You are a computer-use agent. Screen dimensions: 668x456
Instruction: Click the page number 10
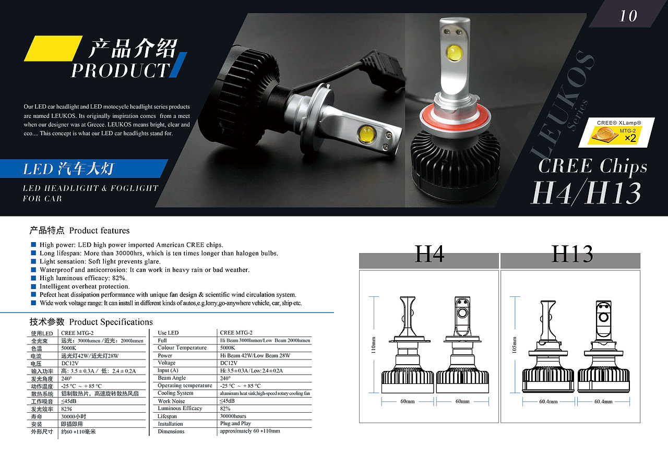(628, 16)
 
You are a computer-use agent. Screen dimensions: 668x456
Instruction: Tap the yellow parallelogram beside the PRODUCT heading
(53, 49)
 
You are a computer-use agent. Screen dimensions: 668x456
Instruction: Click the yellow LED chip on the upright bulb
(454, 53)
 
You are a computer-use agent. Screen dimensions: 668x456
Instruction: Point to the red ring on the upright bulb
(455, 119)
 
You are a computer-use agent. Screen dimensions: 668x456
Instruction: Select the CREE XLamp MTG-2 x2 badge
(616, 133)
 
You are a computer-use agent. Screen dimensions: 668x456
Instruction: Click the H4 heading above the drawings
(429, 254)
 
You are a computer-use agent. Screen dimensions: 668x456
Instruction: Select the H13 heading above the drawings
(572, 254)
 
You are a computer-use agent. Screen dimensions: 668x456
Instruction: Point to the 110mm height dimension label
(373, 345)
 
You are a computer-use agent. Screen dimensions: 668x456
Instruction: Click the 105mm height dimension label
(514, 345)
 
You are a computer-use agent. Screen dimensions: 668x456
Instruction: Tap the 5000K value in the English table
(228, 348)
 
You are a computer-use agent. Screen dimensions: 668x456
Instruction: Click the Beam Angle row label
(172, 378)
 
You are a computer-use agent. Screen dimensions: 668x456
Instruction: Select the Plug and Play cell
(235, 424)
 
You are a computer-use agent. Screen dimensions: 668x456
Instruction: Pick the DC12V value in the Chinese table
(70, 363)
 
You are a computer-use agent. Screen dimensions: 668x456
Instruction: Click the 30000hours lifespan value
(233, 416)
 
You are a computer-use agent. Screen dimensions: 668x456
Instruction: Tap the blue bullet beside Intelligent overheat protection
(33, 286)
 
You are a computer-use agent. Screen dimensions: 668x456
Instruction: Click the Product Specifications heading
(111, 322)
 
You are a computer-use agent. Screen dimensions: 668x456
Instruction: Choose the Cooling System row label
(175, 393)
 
